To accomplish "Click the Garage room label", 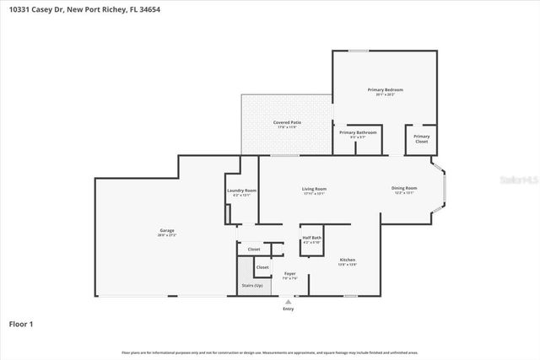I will (x=167, y=230).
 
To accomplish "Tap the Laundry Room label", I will (x=241, y=191).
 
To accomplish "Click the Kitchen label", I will (x=347, y=260).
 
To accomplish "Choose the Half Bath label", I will (x=311, y=239).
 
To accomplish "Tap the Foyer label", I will (x=289, y=274).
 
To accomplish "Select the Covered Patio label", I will (x=287, y=123).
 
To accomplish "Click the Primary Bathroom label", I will (x=358, y=132).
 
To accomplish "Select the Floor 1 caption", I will (x=21, y=324).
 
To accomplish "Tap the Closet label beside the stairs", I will (x=262, y=267).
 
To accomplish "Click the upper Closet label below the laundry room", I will (x=254, y=250).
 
